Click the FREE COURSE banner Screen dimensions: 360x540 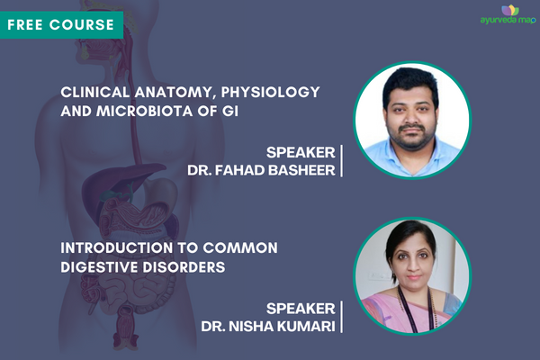point(61,23)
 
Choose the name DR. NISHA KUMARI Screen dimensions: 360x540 point(264,325)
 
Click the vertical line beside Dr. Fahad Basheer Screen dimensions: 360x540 point(342,159)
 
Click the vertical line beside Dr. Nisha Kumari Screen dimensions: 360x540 point(342,316)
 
